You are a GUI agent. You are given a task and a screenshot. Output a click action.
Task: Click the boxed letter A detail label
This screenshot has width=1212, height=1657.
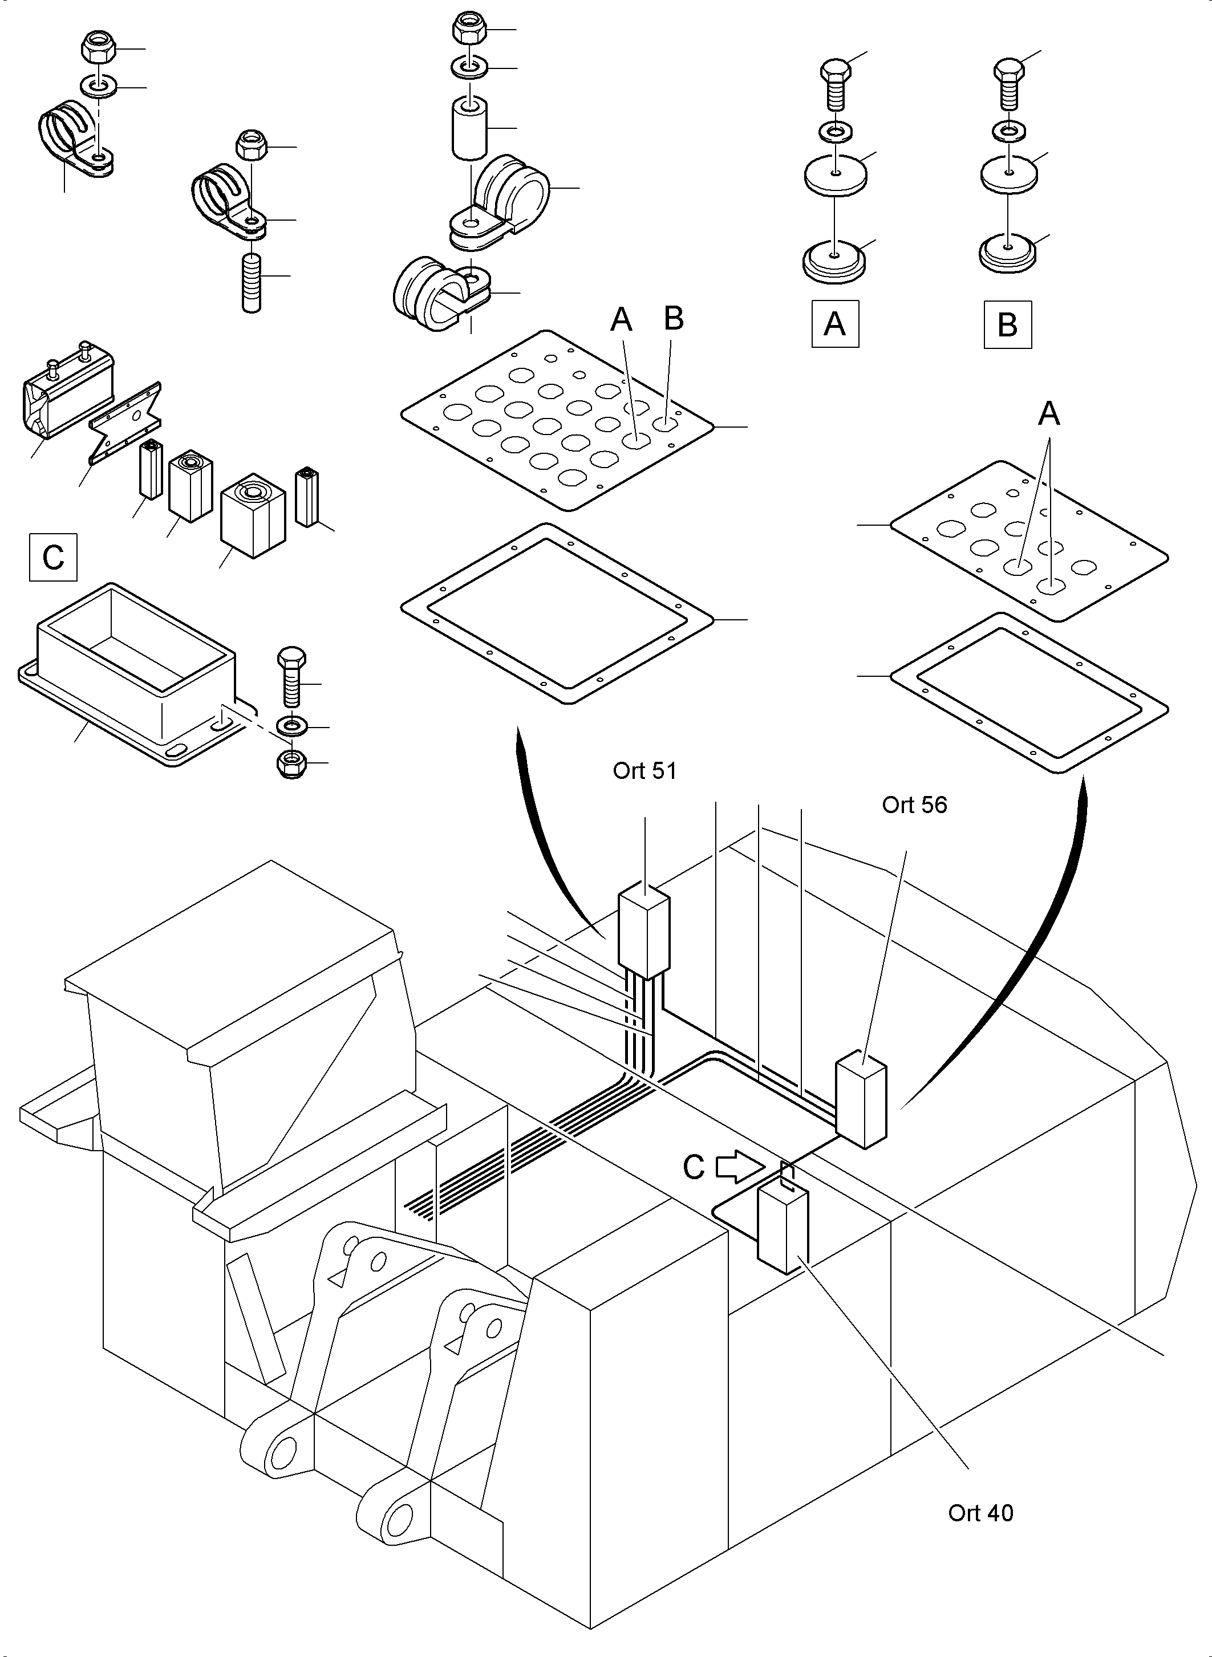pos(835,323)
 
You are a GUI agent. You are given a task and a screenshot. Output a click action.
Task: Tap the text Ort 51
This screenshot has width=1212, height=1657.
pos(644,771)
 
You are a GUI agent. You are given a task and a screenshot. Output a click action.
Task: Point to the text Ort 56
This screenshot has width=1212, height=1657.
pos(914,805)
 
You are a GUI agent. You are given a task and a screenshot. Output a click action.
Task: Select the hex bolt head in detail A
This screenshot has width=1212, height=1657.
pos(835,71)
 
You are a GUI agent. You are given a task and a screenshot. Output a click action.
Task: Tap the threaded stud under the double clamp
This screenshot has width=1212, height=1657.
pos(252,282)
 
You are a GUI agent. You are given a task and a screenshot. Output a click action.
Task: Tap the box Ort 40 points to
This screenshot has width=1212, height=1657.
pos(782,1229)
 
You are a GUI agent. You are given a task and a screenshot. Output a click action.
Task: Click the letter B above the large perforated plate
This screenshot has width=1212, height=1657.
pos(674,318)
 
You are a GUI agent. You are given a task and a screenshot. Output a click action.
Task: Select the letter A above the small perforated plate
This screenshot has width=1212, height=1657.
pos(1048,415)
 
